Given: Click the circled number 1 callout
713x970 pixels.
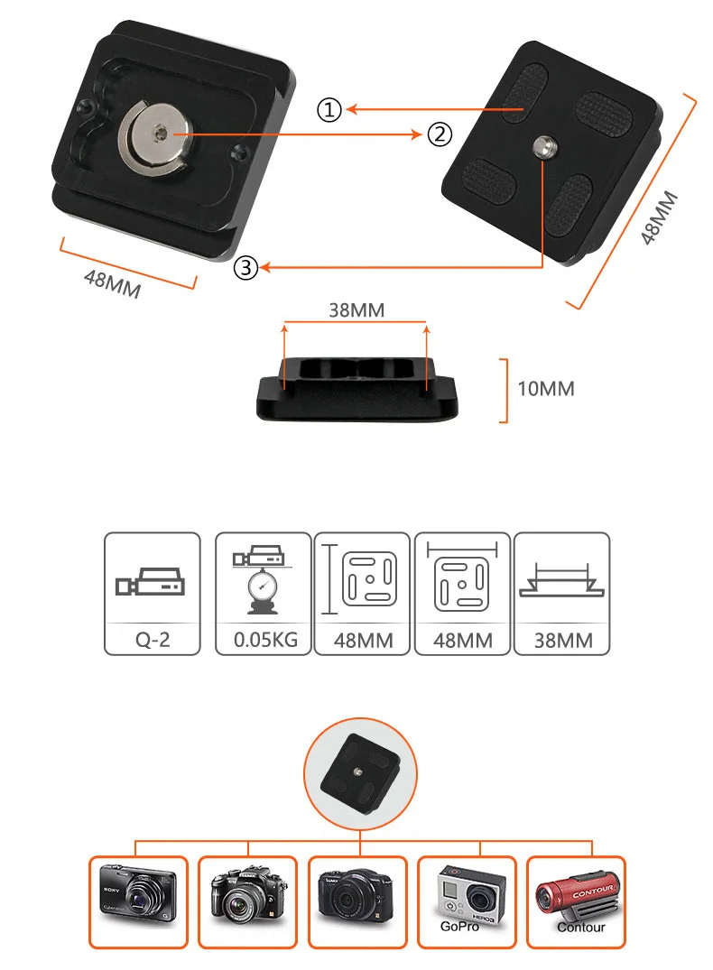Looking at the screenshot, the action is (x=329, y=110).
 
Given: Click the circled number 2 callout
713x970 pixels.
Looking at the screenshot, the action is (x=438, y=135).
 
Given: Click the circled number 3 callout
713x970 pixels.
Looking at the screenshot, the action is (x=245, y=267).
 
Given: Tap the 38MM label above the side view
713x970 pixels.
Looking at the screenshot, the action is (x=356, y=310).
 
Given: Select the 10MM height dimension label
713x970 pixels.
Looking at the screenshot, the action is (x=545, y=389).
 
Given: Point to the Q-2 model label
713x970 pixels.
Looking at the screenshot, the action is (x=153, y=641).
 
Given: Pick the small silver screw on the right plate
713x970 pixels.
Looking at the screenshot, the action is (x=545, y=144).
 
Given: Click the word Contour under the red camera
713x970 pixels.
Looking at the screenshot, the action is (x=581, y=927).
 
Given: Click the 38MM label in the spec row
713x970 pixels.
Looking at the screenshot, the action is (x=561, y=641).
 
